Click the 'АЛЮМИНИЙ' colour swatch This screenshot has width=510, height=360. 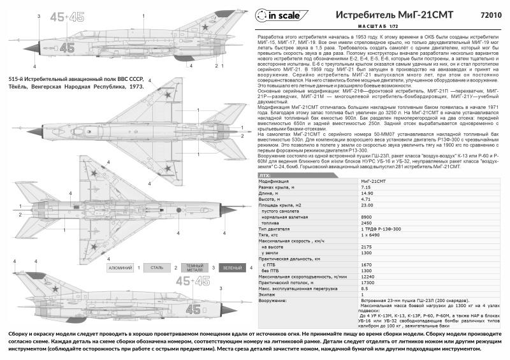tap(121, 268)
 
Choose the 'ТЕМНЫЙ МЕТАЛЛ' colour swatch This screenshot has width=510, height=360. tap(194, 268)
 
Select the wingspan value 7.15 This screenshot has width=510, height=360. tap(368, 187)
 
